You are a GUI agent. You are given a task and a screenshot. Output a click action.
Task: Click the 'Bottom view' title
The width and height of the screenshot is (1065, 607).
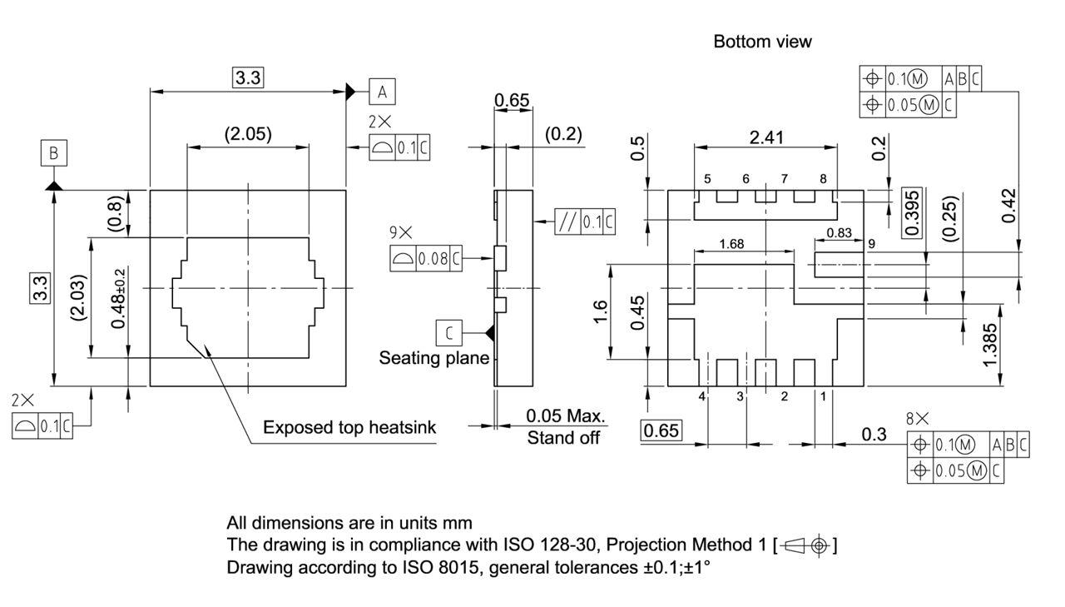[x=762, y=42]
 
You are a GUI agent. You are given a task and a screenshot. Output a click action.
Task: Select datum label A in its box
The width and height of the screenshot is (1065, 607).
[x=382, y=91]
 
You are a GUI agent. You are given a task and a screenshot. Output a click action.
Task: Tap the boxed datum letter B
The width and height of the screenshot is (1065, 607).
[x=53, y=153]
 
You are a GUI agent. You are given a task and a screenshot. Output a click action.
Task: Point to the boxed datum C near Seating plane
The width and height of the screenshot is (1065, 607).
[x=449, y=333]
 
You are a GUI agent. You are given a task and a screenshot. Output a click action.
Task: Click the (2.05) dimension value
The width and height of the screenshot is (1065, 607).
[x=248, y=134]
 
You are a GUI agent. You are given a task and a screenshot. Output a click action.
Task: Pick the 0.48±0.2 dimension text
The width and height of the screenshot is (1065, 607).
[x=119, y=298]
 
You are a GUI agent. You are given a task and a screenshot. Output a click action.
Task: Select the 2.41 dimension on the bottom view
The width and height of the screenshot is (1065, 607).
[x=765, y=137]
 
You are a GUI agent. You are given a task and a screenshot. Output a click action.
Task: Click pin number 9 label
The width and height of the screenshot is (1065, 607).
[x=871, y=244]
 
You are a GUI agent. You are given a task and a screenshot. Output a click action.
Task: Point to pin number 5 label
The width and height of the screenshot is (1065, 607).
[x=706, y=179]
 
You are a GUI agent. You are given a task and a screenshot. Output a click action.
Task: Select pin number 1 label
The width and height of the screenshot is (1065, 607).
[x=823, y=397]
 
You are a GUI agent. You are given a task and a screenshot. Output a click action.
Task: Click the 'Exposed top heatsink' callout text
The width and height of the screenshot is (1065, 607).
[x=349, y=428]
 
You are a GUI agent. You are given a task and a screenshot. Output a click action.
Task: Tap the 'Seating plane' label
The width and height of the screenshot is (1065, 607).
[x=433, y=358]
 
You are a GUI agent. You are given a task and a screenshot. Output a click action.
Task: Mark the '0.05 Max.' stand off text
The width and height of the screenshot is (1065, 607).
[x=566, y=416]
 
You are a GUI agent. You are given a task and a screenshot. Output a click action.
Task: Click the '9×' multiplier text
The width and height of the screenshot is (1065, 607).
[x=400, y=234]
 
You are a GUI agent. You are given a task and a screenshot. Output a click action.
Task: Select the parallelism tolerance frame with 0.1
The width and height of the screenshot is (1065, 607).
[x=586, y=222]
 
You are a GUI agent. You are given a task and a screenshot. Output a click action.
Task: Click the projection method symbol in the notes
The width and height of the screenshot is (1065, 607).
[x=805, y=546]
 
